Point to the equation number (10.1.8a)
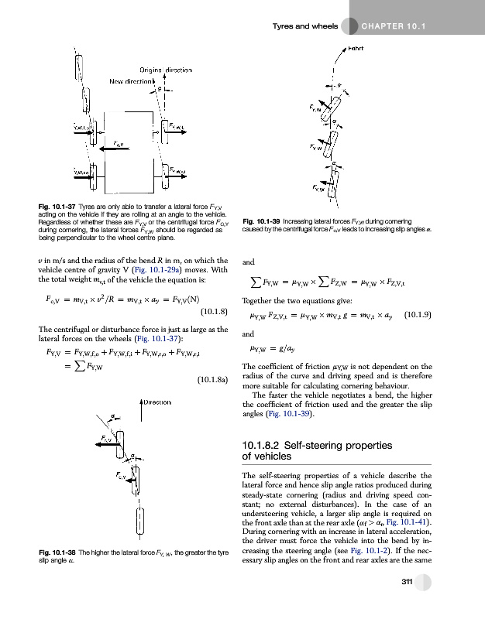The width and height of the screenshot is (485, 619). pos(212,381)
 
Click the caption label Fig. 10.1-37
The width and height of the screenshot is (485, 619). pos(57,206)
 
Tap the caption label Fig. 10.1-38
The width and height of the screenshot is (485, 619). pos(57,550)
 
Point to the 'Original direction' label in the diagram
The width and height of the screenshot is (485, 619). pos(165,70)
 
